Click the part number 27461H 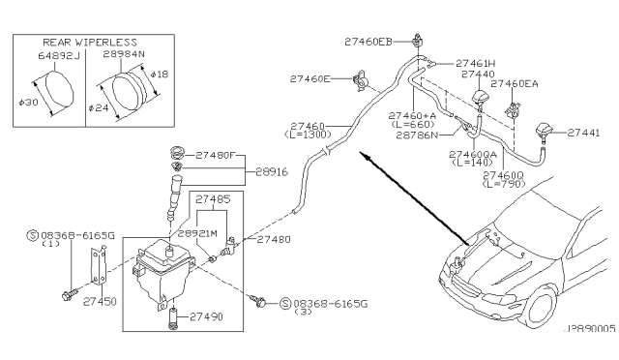tap(475, 62)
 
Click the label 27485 tap(213, 199)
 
